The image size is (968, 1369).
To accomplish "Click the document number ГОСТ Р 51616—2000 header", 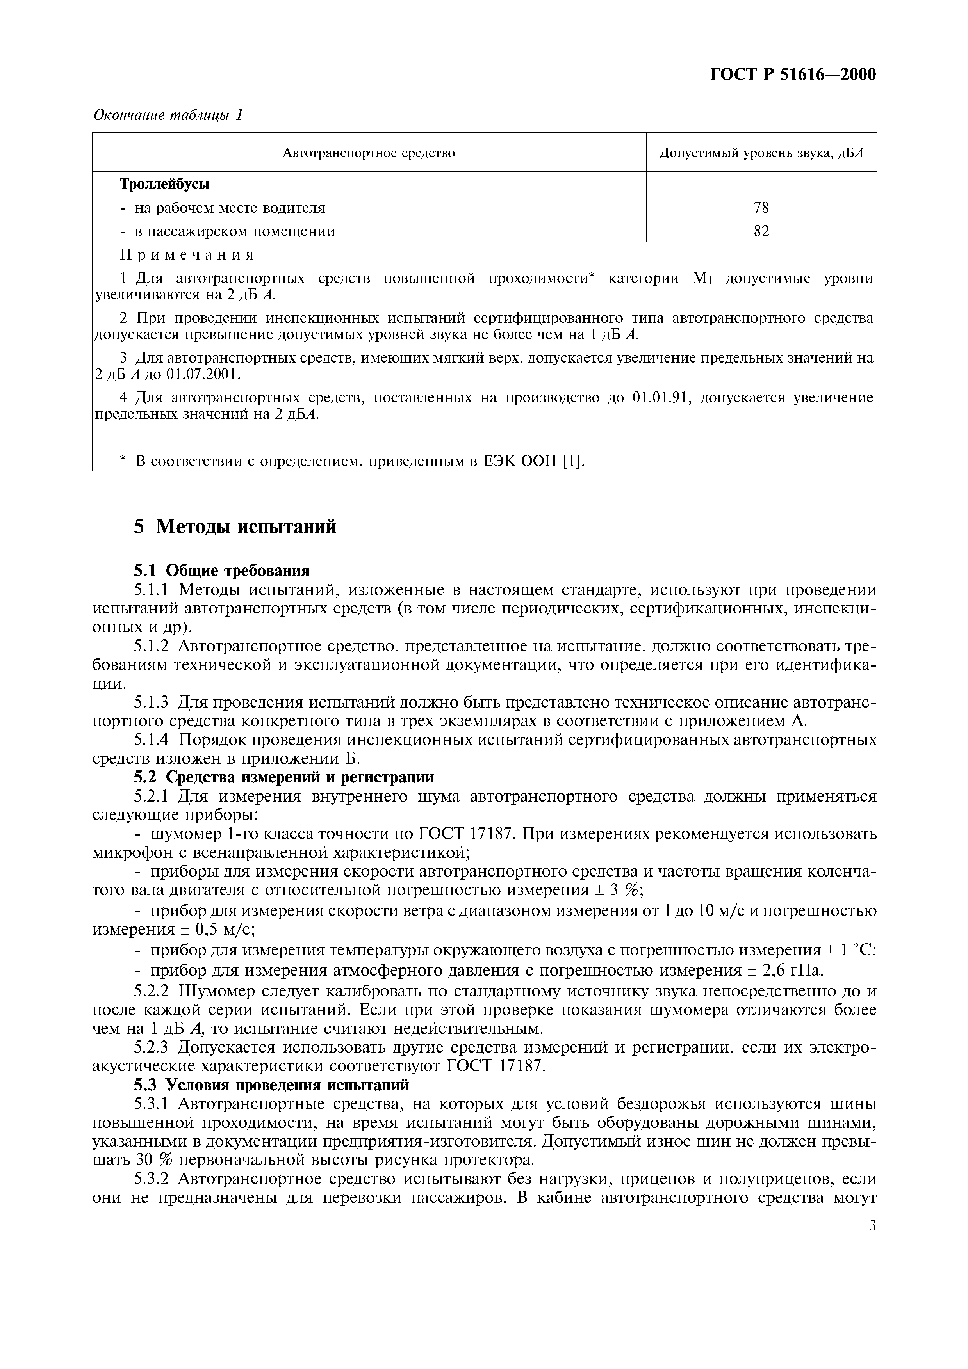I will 793,75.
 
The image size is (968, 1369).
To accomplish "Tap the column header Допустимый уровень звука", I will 761,153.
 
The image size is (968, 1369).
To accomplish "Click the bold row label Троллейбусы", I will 165,184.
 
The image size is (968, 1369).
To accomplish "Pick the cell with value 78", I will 761,208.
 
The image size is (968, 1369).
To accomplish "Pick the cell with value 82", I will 761,231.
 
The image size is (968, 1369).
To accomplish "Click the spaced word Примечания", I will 187,255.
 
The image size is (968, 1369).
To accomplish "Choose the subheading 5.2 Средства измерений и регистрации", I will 283,777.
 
